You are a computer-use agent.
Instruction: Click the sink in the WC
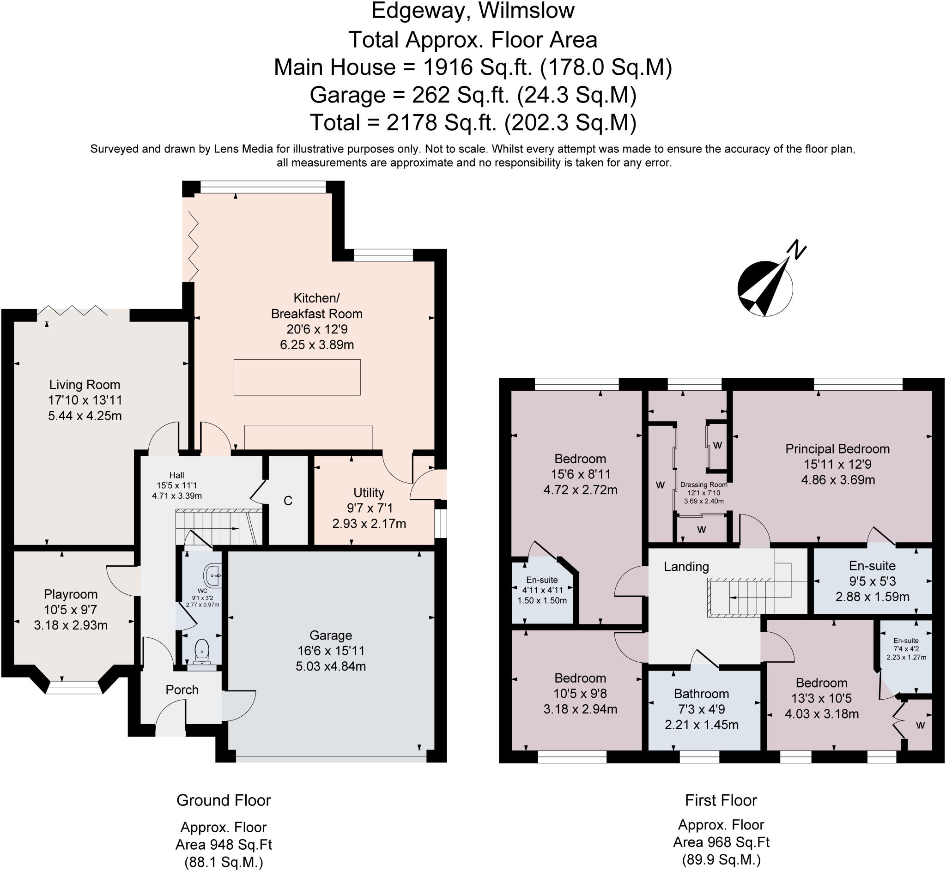pos(212,575)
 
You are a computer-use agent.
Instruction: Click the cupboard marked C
pos(288,501)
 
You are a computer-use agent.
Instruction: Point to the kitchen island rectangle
pos(297,377)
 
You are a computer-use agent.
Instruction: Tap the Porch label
pos(182,690)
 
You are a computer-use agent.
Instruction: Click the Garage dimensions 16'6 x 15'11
pos(330,651)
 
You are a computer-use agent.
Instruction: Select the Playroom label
pos(71,594)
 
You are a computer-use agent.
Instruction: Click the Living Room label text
pos(85,385)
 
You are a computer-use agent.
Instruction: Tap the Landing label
pos(686,567)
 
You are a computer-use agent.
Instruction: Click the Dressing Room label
pos(703,484)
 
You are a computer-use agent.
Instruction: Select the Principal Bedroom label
pos(837,449)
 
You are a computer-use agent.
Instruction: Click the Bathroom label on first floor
pos(701,694)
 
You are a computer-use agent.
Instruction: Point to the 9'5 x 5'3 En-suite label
pos(872,566)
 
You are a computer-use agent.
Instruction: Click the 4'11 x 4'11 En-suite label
pos(542,580)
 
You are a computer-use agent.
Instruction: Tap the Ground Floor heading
pos(224,800)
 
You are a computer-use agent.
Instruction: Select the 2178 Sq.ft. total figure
pos(442,122)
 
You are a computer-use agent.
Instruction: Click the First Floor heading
pos(721,800)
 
